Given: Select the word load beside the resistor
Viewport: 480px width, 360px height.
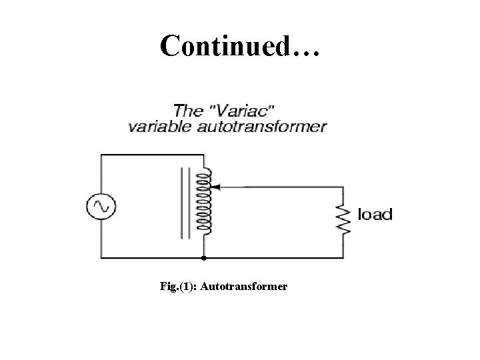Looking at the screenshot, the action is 375,215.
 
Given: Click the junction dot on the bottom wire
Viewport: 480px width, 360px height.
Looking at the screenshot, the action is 204,257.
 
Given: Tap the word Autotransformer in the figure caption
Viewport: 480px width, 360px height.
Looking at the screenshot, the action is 244,287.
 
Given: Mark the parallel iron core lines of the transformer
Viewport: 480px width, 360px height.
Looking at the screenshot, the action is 183,203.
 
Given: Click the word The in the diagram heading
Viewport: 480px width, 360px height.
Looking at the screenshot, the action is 188,109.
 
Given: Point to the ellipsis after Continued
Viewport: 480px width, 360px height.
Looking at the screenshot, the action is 306,52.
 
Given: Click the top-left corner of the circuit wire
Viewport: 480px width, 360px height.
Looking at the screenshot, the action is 101,155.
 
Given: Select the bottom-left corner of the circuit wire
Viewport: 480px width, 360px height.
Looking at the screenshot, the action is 101,257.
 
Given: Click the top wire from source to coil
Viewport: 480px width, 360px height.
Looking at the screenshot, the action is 153,155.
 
